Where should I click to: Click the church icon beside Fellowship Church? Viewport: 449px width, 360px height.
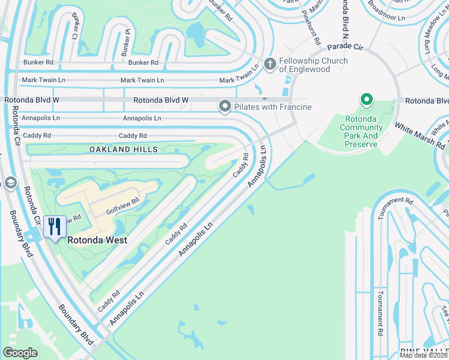[x=270, y=63]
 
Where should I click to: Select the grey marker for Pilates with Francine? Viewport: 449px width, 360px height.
[x=225, y=107]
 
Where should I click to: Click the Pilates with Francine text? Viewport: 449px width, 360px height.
[x=273, y=107]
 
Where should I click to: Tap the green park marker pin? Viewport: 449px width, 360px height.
[x=366, y=100]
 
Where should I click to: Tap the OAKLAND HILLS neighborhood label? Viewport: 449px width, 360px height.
[x=124, y=149]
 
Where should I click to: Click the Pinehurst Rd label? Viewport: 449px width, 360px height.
[x=311, y=26]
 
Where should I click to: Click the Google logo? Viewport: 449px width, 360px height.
[x=20, y=352]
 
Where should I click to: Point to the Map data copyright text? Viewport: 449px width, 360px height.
[x=424, y=355]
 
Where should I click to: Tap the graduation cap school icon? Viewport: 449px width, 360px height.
[x=10, y=182]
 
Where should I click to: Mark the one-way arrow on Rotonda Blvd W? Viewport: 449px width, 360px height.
[x=265, y=99]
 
